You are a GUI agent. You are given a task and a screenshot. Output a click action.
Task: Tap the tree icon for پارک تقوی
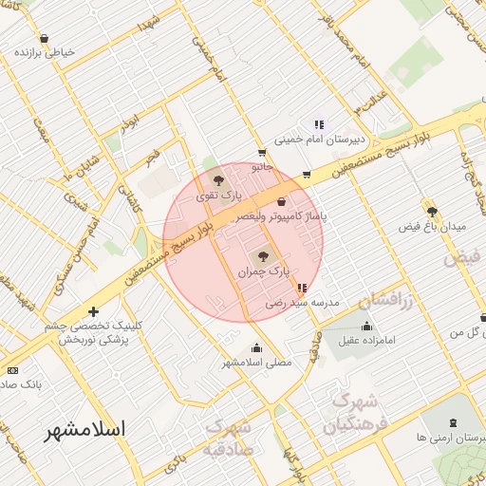click(219, 179)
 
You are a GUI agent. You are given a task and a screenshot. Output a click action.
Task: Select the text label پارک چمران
click(262, 271)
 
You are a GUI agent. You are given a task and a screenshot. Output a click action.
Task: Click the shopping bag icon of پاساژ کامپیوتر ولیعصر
click(281, 201)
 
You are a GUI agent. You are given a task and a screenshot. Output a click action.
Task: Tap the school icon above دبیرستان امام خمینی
click(319, 123)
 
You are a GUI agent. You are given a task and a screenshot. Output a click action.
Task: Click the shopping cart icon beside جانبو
click(261, 152)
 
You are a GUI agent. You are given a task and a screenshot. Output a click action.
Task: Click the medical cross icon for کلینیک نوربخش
click(93, 311)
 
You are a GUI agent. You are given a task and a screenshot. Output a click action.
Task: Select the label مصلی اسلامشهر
click(257, 362)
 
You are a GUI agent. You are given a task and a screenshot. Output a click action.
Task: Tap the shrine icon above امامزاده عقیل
click(367, 326)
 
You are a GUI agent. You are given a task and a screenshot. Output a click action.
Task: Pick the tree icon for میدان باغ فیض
click(432, 212)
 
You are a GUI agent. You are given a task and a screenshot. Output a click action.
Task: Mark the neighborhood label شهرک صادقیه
click(228, 439)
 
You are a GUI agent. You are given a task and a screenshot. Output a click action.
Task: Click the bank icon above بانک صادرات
click(12, 369)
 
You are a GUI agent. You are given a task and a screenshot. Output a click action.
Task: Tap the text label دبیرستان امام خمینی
click(313, 140)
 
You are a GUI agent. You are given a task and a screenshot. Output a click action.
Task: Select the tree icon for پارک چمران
click(263, 254)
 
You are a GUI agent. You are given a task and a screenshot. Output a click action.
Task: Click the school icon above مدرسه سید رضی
click(302, 288)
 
